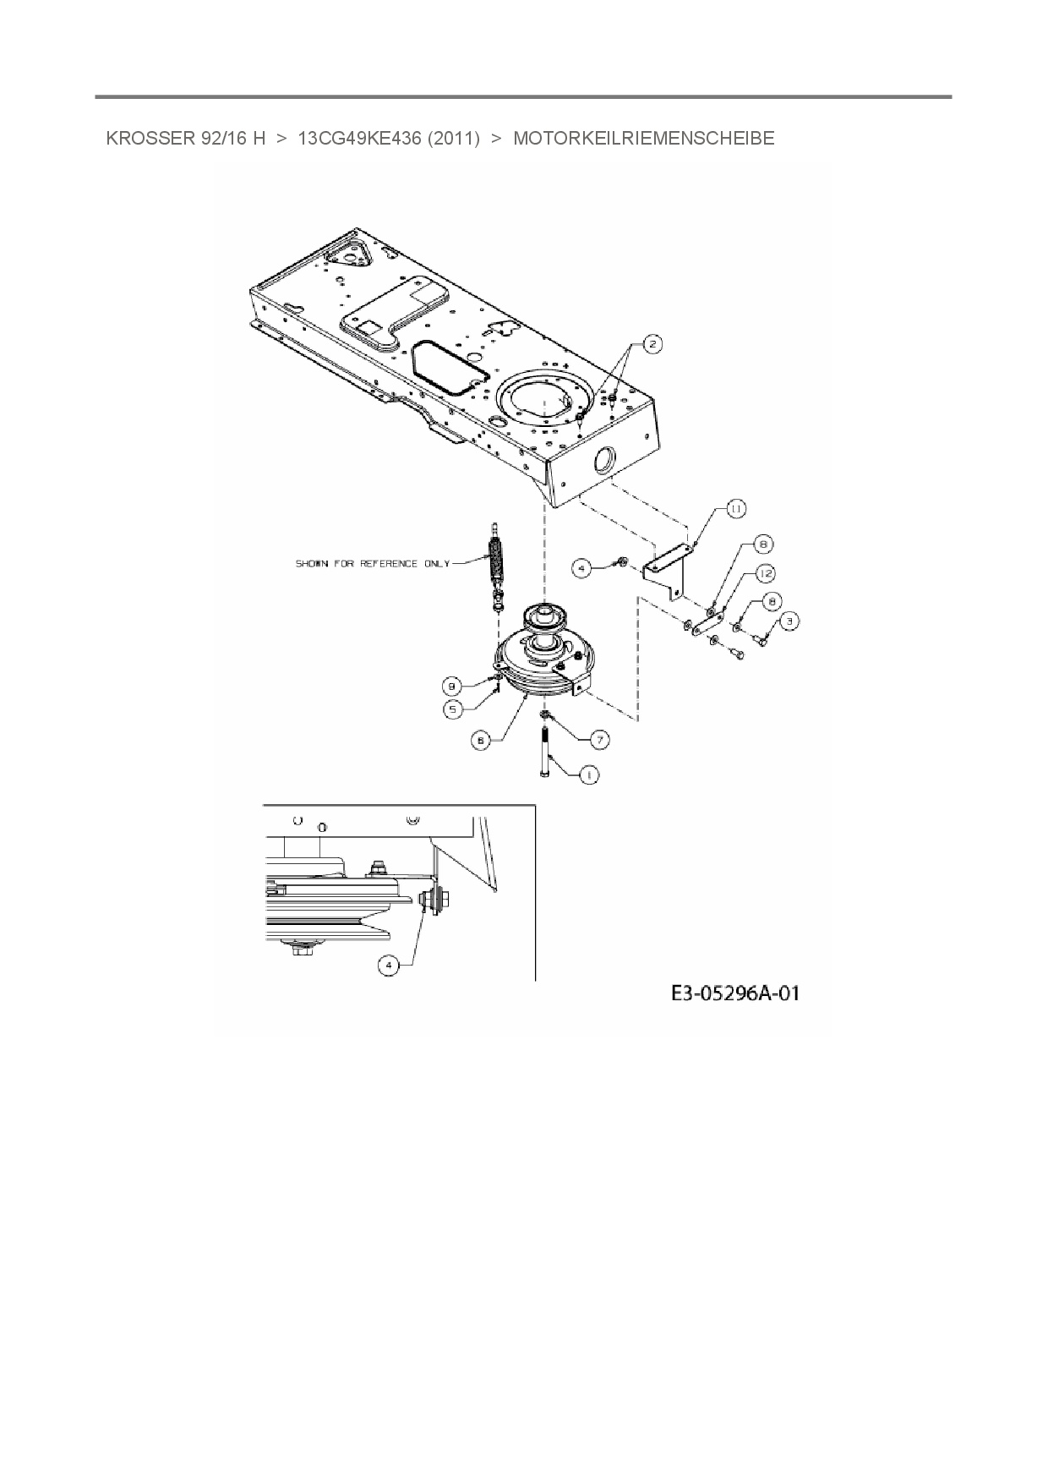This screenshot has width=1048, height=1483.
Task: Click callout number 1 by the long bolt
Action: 589,774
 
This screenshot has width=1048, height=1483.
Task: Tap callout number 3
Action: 789,621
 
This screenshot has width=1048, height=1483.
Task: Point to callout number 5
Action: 453,709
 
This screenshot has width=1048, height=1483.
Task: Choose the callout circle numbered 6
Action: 479,740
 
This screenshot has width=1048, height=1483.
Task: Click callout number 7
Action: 599,740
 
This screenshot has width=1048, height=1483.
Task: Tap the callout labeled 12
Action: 765,573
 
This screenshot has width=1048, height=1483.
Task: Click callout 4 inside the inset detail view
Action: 388,965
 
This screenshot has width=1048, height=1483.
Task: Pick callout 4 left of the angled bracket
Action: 581,569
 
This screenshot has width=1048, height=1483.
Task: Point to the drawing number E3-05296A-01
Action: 734,993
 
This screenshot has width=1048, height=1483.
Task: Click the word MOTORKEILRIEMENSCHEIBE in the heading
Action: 643,139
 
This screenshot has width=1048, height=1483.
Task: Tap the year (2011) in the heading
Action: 454,139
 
